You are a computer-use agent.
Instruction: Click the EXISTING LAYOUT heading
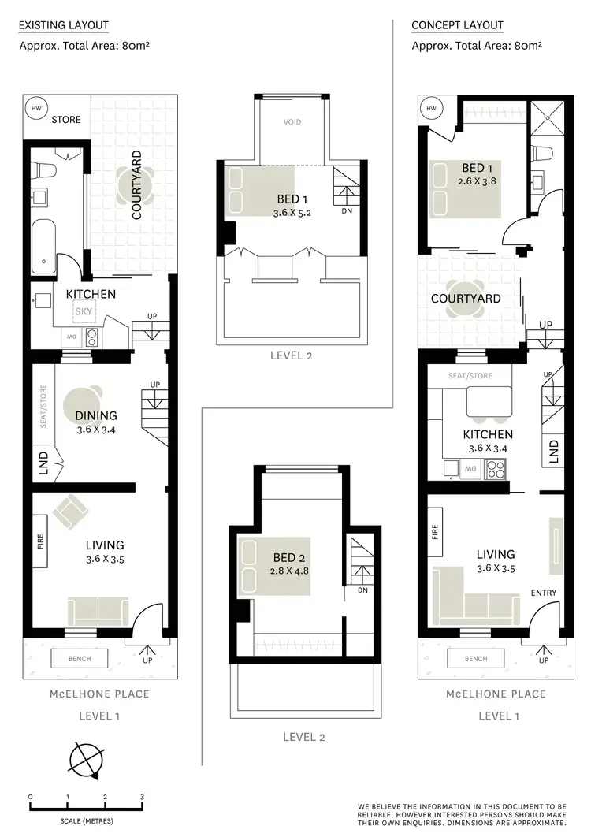[x=63, y=25]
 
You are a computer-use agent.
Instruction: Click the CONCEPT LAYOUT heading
[x=457, y=25]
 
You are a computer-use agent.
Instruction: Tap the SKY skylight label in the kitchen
[x=83, y=311]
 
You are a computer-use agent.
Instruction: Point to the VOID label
[x=292, y=122]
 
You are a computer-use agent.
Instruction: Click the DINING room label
[x=96, y=415]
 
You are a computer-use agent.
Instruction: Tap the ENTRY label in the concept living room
[x=544, y=593]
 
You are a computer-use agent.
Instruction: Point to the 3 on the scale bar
[x=142, y=798]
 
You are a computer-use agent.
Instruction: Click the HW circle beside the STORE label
[x=35, y=108]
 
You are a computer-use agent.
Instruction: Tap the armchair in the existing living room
[x=71, y=512]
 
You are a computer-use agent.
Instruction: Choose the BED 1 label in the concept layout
[x=473, y=168]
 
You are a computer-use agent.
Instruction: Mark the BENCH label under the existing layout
[x=79, y=659]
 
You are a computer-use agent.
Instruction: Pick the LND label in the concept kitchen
[x=553, y=451]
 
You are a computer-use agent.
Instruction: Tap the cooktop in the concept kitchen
[x=494, y=471]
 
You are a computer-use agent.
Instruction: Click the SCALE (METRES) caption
[x=86, y=821]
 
